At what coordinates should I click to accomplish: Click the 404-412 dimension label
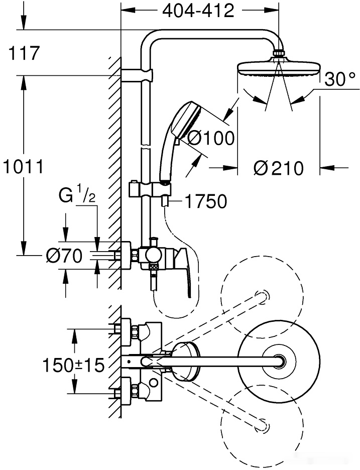pos(198,11)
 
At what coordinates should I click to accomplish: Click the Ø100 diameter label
pos(210,138)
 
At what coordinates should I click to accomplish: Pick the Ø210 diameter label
pos(279,168)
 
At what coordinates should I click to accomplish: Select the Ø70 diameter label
pos(64,256)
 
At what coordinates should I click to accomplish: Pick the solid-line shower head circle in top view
pos(278,361)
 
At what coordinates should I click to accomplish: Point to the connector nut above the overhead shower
pos(279,53)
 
